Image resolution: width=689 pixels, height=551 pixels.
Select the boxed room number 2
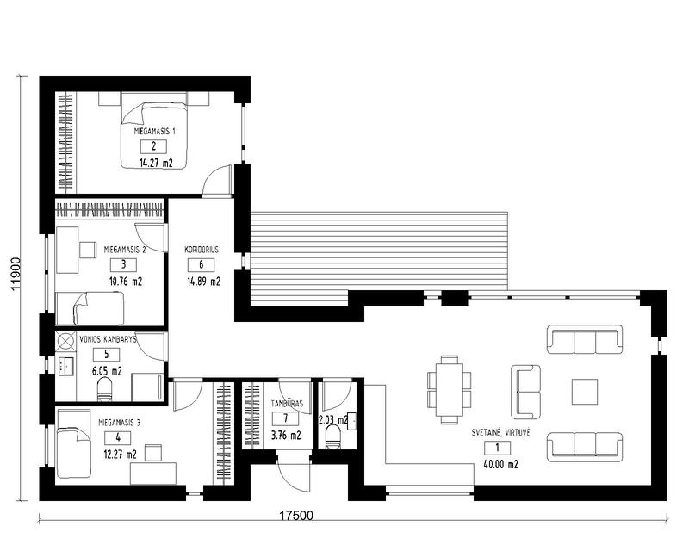click(x=153, y=146)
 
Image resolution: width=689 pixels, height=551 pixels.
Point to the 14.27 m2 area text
click(x=155, y=161)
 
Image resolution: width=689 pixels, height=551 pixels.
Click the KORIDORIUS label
click(x=202, y=250)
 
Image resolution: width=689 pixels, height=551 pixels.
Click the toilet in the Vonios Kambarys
click(x=105, y=393)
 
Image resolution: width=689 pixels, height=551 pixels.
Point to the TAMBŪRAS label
click(x=285, y=403)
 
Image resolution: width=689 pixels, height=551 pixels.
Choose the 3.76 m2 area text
click(x=286, y=436)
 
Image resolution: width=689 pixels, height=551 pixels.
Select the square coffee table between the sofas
click(x=585, y=392)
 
